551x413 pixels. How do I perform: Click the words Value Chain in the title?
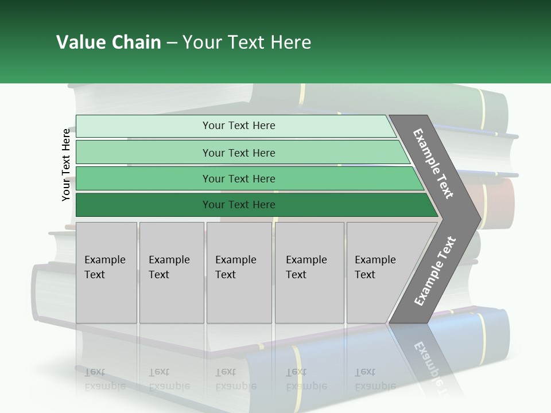[108, 42]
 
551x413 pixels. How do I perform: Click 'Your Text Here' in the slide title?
[247, 42]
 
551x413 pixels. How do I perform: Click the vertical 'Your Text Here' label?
[67, 165]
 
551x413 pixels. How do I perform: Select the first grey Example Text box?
[106, 272]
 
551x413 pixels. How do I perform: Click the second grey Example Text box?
[171, 272]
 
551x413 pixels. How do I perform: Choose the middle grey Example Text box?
[239, 272]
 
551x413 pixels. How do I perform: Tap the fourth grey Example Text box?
[309, 272]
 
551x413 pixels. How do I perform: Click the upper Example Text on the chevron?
[433, 163]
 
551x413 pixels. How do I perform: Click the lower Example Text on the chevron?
[435, 271]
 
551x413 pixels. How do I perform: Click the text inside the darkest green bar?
[239, 205]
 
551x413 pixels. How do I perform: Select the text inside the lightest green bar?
[239, 126]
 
